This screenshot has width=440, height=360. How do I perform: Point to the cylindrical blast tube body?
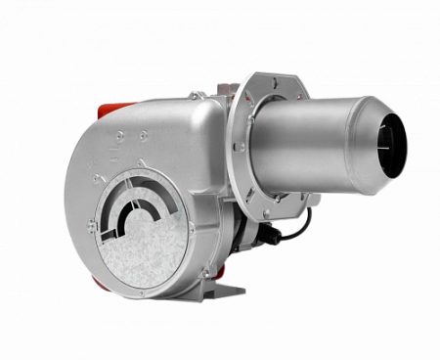pyautogui.click(x=313, y=142)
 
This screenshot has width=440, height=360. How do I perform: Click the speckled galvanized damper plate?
pyautogui.click(x=147, y=254)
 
